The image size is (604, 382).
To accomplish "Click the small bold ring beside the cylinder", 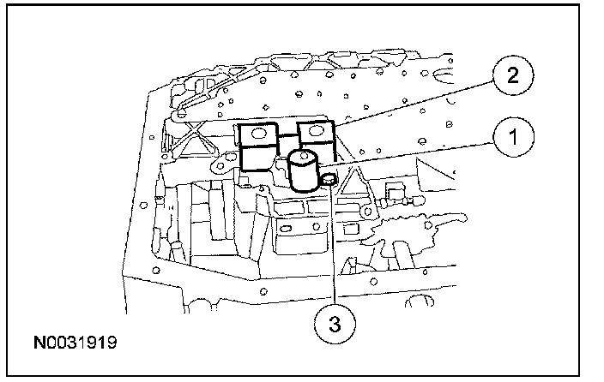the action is (327, 179).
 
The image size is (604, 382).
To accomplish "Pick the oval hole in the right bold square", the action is (315, 130).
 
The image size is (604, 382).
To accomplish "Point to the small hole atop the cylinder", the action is (303, 157).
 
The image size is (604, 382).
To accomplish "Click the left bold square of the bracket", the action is (257, 134).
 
